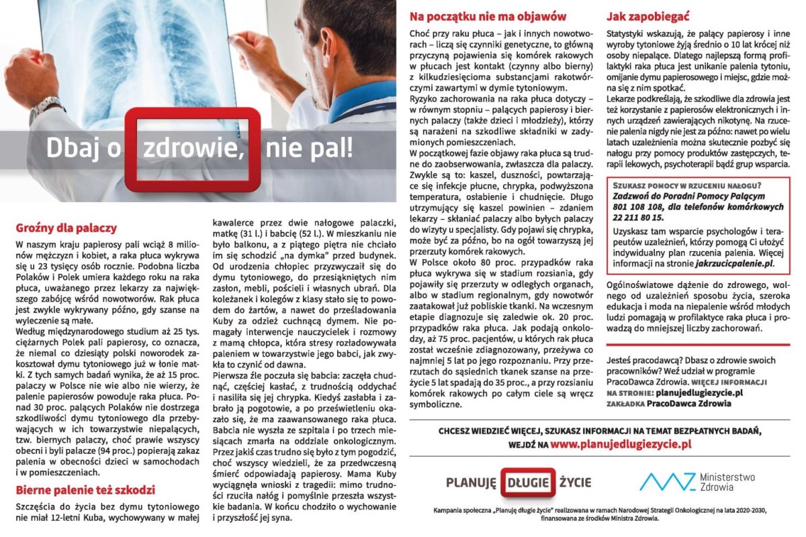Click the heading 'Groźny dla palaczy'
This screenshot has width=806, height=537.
click(66, 228)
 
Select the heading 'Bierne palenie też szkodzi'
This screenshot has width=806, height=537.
click(85, 489)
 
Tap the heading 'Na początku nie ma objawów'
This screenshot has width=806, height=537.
click(488, 17)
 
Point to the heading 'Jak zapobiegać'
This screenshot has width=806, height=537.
click(647, 17)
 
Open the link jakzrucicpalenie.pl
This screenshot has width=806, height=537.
click(733, 264)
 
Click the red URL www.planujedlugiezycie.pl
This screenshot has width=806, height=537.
click(621, 444)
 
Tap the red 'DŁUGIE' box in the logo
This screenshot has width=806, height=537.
click(527, 482)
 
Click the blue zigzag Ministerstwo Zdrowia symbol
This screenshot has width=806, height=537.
click(667, 482)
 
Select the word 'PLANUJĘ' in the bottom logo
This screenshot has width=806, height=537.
click(471, 482)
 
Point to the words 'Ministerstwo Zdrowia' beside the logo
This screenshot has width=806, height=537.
click(727, 482)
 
